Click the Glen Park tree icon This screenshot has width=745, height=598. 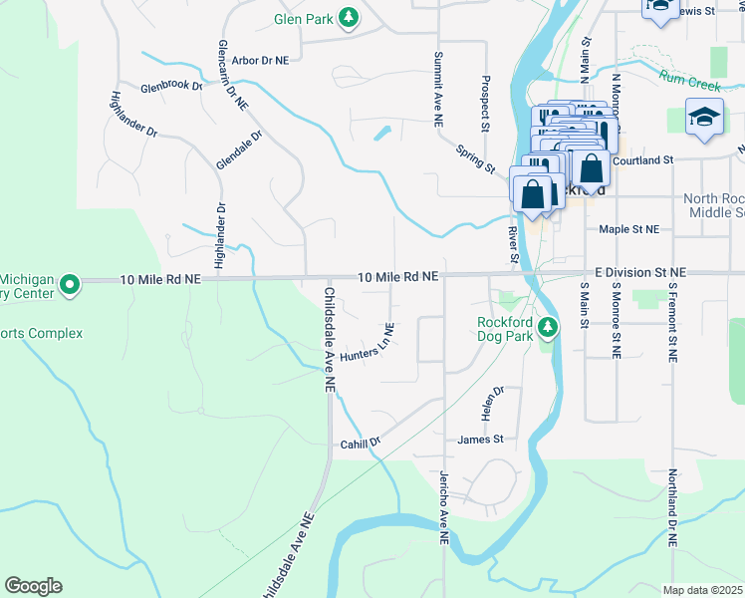pyautogui.click(x=349, y=18)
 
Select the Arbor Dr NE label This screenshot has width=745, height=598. pyautogui.click(x=259, y=61)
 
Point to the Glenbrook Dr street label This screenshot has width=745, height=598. pyautogui.click(x=171, y=87)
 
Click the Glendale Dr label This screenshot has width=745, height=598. pyautogui.click(x=239, y=150)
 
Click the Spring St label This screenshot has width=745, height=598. pyautogui.click(x=476, y=159)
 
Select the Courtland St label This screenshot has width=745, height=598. pyautogui.click(x=644, y=159)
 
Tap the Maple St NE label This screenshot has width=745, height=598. pyautogui.click(x=629, y=229)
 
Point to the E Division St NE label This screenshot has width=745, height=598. pyautogui.click(x=640, y=272)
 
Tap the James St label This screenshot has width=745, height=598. pyautogui.click(x=481, y=440)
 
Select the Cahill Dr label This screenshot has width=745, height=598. pyautogui.click(x=361, y=444)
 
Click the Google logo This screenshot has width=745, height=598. pyautogui.click(x=33, y=586)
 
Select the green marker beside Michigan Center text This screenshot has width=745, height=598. pyautogui.click(x=69, y=286)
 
